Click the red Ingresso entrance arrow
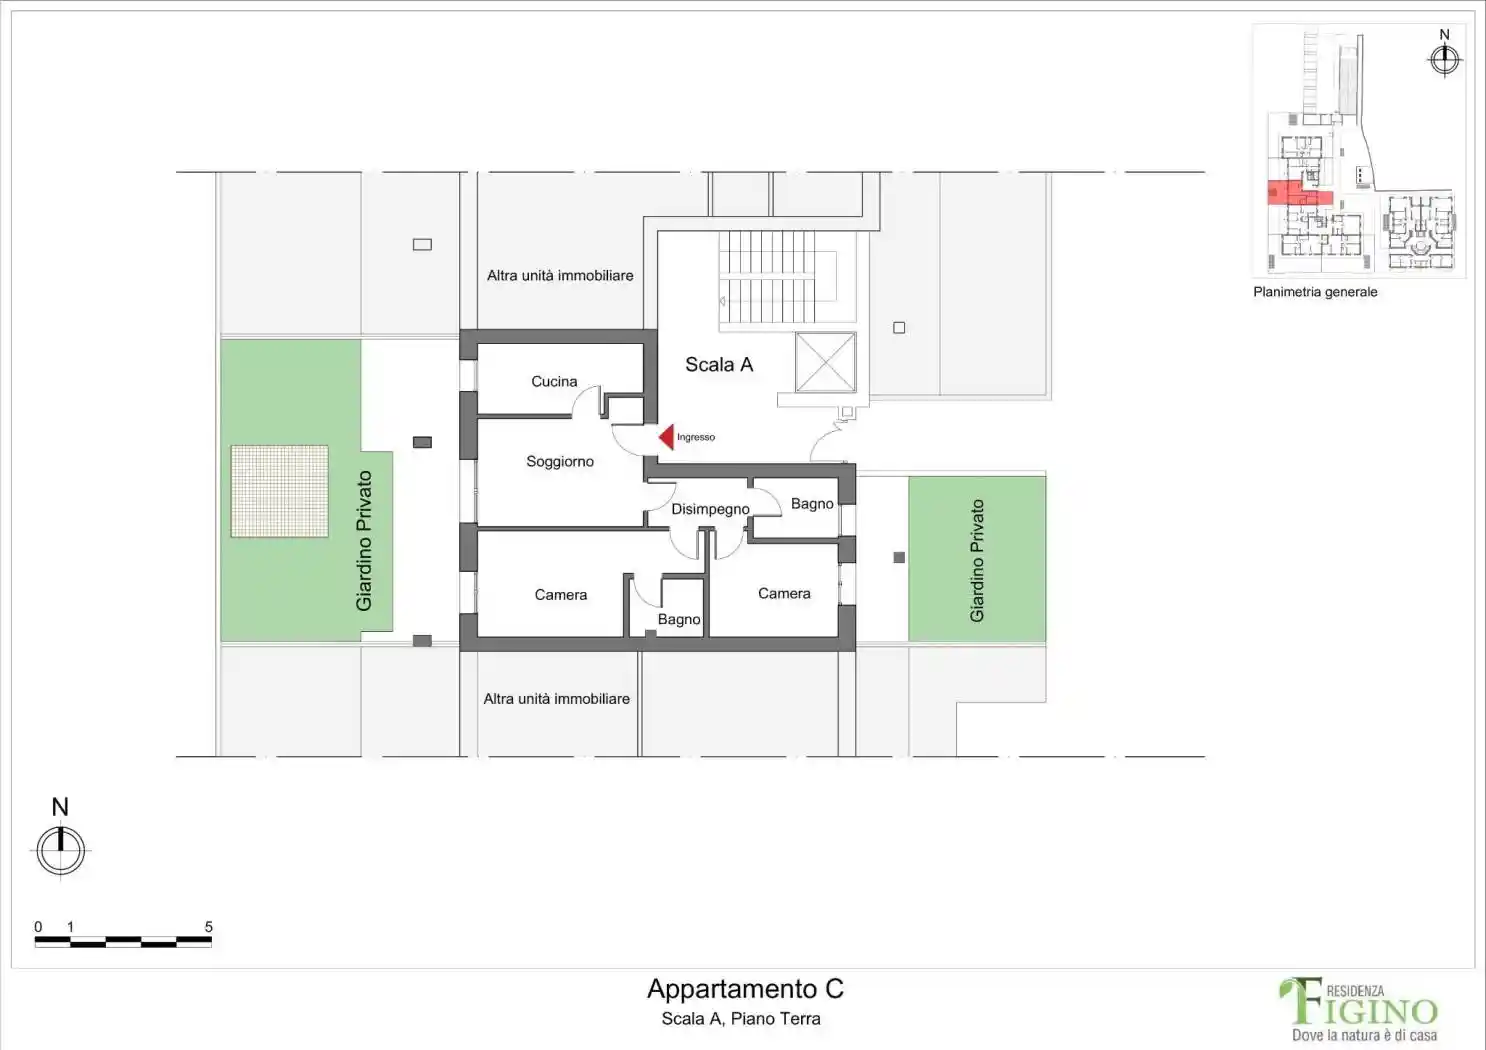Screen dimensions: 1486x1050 pyautogui.click(x=667, y=437)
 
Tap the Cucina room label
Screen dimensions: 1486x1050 pyautogui.click(x=554, y=381)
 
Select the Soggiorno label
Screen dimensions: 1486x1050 pyautogui.click(x=560, y=462)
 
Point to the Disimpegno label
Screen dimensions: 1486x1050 pyautogui.click(x=710, y=509)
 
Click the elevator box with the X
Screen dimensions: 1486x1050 pyautogui.click(x=825, y=362)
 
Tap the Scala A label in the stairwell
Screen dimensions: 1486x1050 pyautogui.click(x=719, y=364)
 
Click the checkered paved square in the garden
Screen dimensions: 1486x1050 pyautogui.click(x=279, y=491)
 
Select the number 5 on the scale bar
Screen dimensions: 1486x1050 pyautogui.click(x=208, y=927)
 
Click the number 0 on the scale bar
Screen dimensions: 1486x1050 pyautogui.click(x=38, y=927)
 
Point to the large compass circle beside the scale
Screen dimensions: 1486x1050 pyautogui.click(x=60, y=850)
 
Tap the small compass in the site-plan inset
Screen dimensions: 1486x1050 pyautogui.click(x=1444, y=60)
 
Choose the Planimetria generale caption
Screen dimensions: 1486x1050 pyautogui.click(x=1315, y=292)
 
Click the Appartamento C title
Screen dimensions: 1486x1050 pyautogui.click(x=745, y=989)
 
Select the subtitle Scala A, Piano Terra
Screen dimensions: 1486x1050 pyautogui.click(x=741, y=1019)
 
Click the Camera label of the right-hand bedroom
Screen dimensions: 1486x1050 pyautogui.click(x=784, y=594)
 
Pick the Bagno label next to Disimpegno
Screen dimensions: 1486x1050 pyautogui.click(x=812, y=504)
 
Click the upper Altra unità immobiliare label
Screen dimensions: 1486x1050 pyautogui.click(x=560, y=276)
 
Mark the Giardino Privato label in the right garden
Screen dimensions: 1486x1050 pyautogui.click(x=977, y=561)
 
